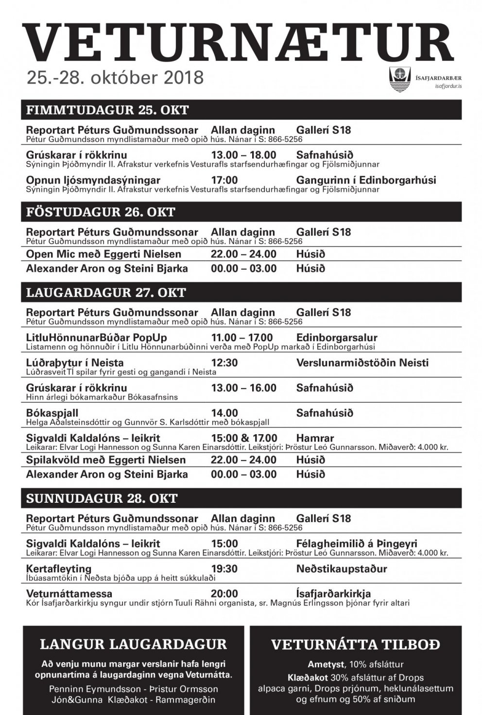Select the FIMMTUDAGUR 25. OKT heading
coord(107,110)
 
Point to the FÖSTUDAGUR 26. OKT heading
coord(101,212)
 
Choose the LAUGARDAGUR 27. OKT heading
coord(106,292)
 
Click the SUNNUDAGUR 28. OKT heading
coord(102,498)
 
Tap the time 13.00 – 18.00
coord(243,155)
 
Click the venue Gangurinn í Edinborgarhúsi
coord(366,180)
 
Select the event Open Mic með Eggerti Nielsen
coord(103,254)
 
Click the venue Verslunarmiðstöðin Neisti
coord(362,363)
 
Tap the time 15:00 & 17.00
coord(244,438)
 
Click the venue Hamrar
coord(315,438)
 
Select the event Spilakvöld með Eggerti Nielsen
coord(106,460)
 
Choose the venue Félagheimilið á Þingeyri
coord(357,544)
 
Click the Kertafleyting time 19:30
coord(224,569)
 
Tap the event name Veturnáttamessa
coord(69,594)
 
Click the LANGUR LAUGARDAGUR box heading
coord(133,645)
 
